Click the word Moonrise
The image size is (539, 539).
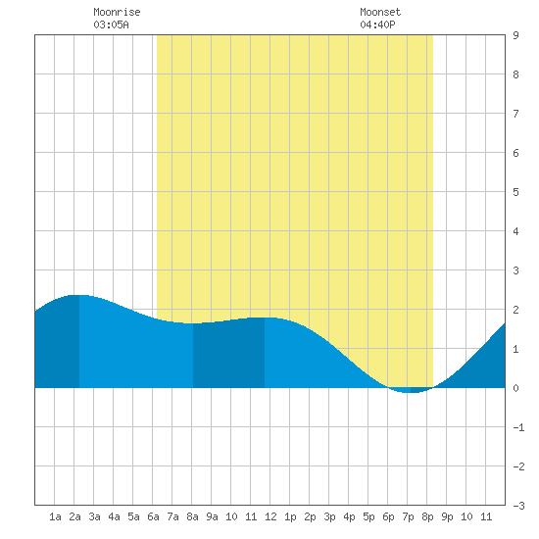117,12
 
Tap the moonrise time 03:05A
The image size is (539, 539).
111,24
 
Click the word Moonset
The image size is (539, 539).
380,12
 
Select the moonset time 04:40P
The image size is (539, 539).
377,24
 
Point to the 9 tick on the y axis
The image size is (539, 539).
515,35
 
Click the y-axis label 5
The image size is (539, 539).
515,192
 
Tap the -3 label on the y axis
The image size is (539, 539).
518,506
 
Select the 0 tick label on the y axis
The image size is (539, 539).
515,388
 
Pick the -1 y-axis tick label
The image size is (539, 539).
518,427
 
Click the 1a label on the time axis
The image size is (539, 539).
55,516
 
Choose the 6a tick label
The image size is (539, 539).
153,516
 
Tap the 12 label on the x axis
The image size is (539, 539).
270,516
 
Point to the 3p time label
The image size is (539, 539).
329,516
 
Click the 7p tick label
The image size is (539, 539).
408,516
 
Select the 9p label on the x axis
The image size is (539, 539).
447,516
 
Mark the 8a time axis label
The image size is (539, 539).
192,516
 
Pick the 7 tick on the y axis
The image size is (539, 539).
515,114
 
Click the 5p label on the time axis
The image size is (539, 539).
368,516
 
